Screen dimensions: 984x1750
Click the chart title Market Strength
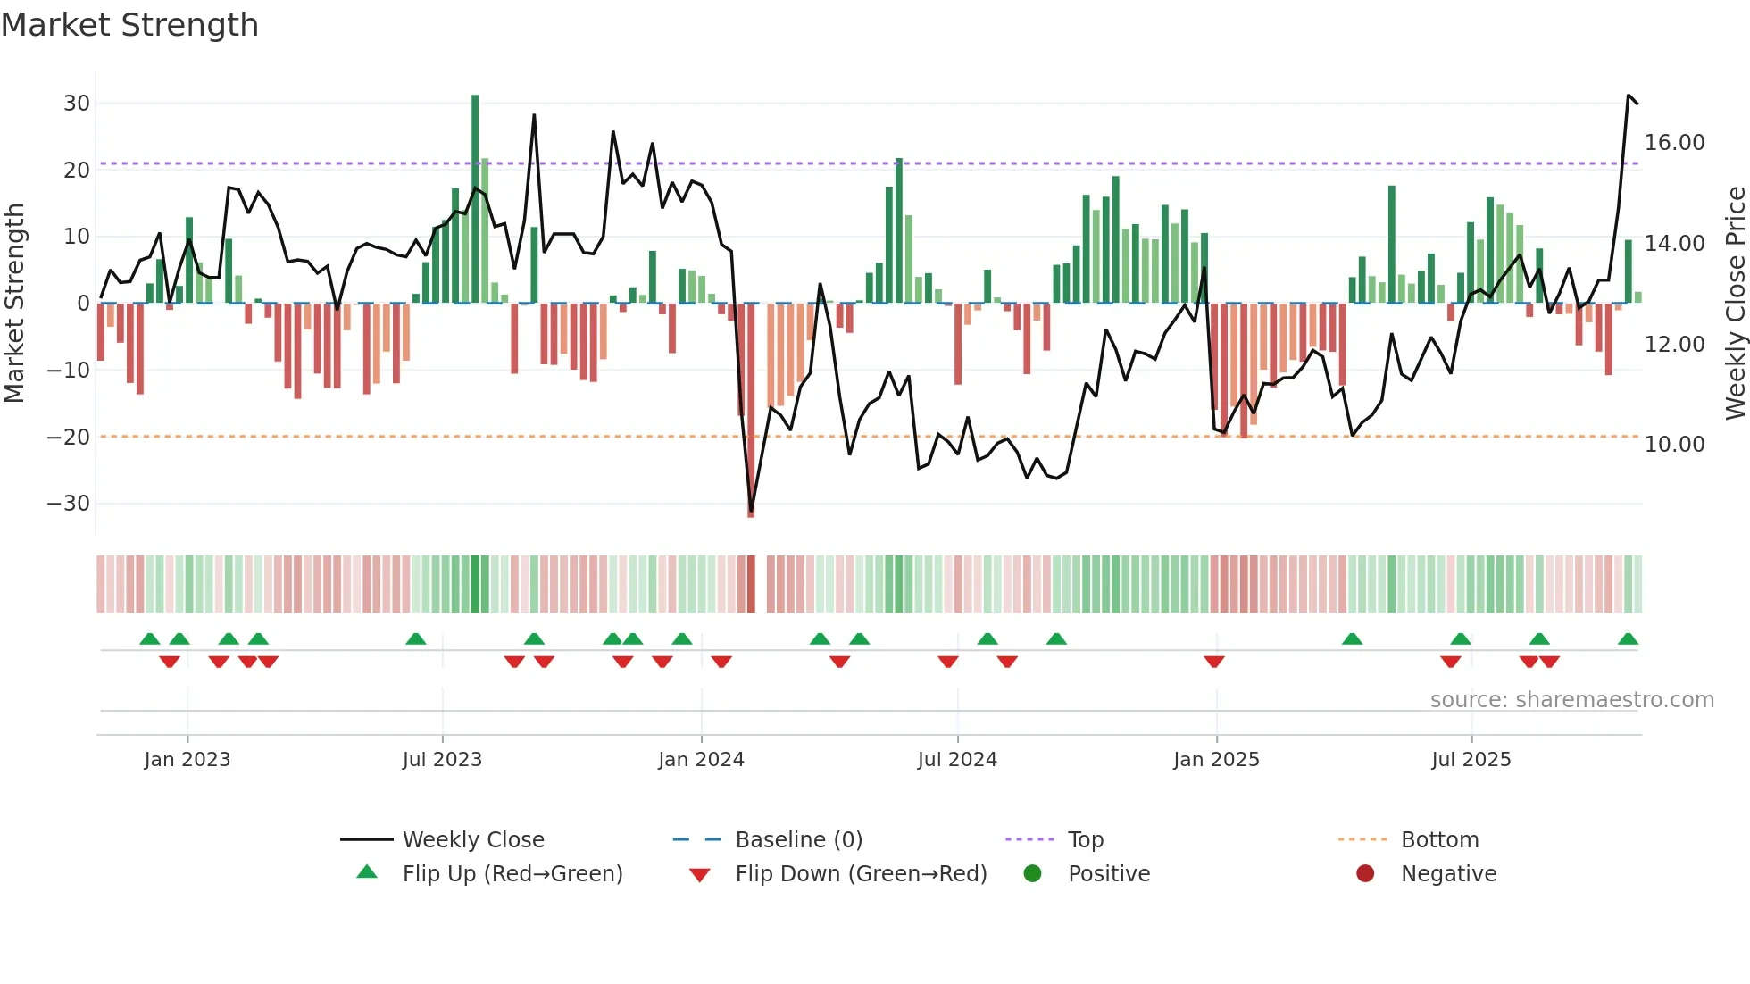click(x=129, y=25)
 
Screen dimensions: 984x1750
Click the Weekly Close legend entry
click(x=472, y=840)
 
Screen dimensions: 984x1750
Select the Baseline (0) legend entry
click(x=798, y=840)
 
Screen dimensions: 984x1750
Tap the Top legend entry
click(x=1086, y=840)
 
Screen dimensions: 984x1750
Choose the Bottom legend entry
click(x=1439, y=840)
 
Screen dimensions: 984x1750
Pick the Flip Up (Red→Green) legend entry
click(x=512, y=874)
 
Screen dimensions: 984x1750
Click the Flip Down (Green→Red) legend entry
click(x=861, y=874)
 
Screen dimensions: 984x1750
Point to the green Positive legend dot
click(x=1032, y=874)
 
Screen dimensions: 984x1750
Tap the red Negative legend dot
click(x=1365, y=874)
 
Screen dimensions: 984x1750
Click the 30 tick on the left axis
click(x=77, y=104)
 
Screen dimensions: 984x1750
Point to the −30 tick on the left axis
click(x=69, y=504)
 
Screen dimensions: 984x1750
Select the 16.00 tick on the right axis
click(x=1674, y=143)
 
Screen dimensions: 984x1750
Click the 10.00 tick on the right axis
click(x=1674, y=445)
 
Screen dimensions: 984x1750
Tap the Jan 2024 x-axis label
click(x=701, y=760)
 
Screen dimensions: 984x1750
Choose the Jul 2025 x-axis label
click(x=1471, y=760)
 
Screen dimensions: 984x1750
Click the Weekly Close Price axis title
click(x=1735, y=304)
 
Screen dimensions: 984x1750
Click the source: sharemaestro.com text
click(x=1571, y=700)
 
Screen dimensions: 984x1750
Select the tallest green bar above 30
click(x=475, y=196)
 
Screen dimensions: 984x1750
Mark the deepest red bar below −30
click(x=751, y=411)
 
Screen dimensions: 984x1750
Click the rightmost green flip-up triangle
click(x=1628, y=639)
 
